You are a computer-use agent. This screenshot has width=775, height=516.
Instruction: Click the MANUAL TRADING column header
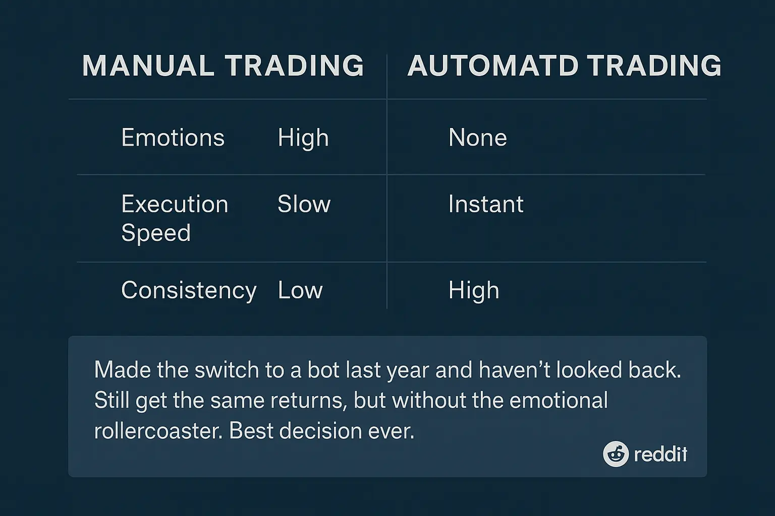[223, 66]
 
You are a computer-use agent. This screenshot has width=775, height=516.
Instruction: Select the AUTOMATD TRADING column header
[564, 66]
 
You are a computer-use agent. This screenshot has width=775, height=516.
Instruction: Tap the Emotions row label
[173, 138]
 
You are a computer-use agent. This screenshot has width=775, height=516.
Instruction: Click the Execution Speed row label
[175, 218]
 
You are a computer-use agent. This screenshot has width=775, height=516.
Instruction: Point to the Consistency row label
[189, 290]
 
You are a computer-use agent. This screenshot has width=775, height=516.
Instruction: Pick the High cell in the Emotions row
[303, 138]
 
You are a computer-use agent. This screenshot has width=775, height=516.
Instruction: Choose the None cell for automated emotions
[477, 138]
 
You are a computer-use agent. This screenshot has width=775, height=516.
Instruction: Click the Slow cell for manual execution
[304, 204]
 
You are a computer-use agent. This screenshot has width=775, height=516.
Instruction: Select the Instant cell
[485, 204]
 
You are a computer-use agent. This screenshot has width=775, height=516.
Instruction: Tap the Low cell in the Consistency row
[300, 290]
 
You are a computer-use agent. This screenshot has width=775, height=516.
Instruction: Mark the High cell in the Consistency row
[474, 291]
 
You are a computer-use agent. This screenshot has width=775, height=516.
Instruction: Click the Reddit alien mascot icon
[616, 454]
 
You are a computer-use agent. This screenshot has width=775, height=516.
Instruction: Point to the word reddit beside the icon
[660, 455]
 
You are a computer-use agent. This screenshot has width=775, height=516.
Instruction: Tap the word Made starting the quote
[122, 370]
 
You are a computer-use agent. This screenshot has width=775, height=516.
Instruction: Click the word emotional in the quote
[559, 401]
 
